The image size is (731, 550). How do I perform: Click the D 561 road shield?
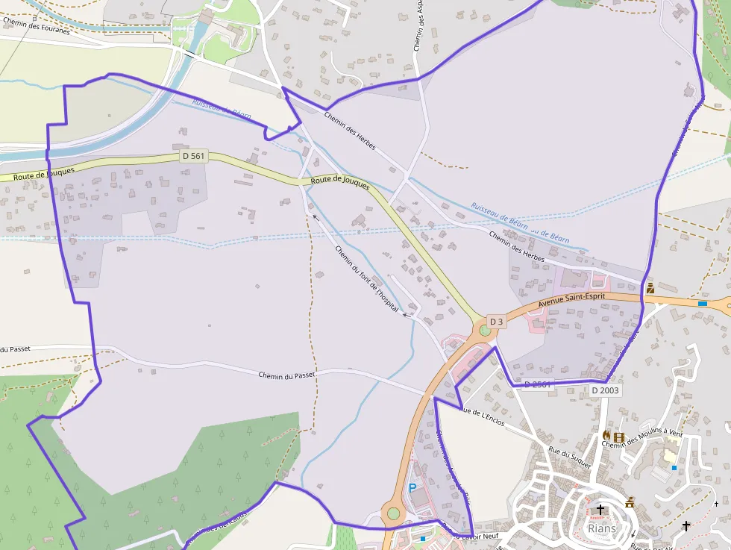click(194, 156)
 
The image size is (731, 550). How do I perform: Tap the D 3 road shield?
click(498, 322)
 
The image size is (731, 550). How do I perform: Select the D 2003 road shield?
click(605, 390)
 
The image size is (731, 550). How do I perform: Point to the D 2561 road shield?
click(537, 385)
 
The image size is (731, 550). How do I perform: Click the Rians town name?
click(602, 528)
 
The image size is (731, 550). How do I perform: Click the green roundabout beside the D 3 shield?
click(485, 330)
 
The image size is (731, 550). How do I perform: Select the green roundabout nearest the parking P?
click(393, 513)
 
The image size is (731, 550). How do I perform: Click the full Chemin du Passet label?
click(287, 375)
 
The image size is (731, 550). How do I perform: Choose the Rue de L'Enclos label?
click(483, 416)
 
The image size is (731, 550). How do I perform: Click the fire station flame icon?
click(606, 436)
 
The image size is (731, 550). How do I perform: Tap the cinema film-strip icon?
click(618, 437)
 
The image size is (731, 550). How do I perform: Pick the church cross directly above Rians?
click(601, 509)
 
